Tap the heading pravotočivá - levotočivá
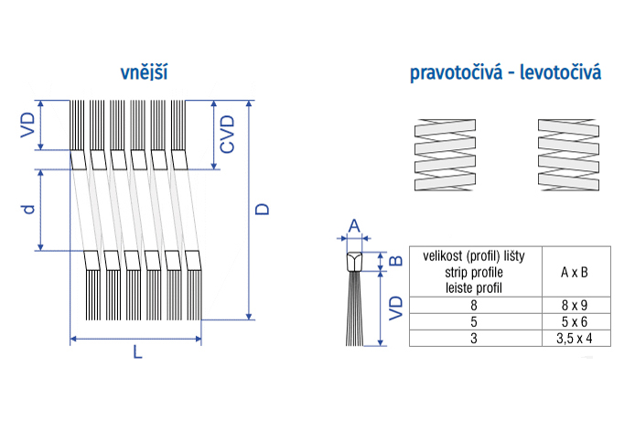(505, 72)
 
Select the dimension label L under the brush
(137, 352)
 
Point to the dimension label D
(264, 209)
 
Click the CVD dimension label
(228, 134)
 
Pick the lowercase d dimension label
(29, 209)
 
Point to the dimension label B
(395, 261)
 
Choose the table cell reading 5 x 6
(574, 322)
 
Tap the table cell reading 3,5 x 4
(574, 338)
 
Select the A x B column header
(574, 272)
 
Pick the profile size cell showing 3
(475, 338)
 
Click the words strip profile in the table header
(474, 272)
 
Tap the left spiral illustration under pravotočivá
(447, 155)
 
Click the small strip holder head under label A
(355, 262)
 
